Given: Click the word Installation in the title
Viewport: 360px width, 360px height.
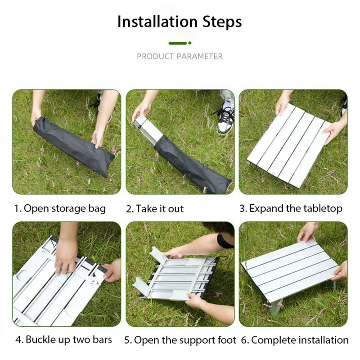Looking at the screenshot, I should [158, 22].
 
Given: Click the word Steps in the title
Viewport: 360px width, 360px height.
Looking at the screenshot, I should [222, 22].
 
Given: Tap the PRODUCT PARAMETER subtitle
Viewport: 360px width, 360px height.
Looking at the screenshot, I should [180, 56].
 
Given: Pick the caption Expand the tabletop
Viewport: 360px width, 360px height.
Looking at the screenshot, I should [291, 208].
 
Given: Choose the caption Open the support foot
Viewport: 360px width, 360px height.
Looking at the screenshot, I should [180, 340].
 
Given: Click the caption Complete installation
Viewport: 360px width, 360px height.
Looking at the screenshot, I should [300, 340].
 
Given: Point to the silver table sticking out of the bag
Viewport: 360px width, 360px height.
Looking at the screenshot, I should [148, 128].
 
